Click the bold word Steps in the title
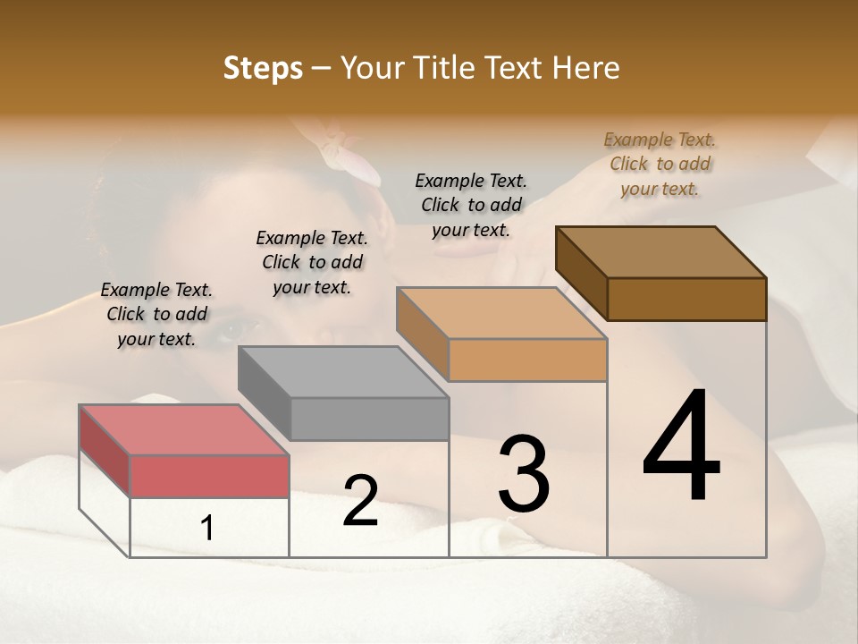pos(263,68)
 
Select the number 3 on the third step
pos(524,474)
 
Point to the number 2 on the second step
pos(360,501)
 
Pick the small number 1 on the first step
pos(207,529)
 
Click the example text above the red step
pos(156,315)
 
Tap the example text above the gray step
pos(312,263)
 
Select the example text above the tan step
pos(471,206)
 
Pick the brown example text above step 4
pos(660,165)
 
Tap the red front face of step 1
pos(209,476)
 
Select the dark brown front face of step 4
pos(686,299)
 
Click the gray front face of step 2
pos(369,419)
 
